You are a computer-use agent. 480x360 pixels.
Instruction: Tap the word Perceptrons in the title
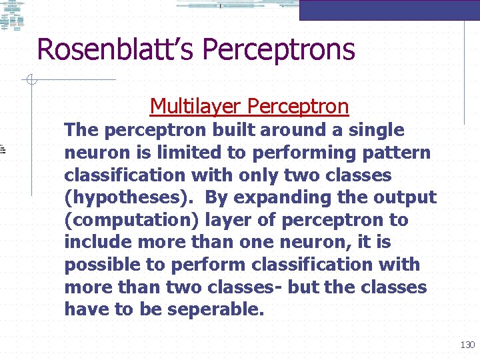coord(278,49)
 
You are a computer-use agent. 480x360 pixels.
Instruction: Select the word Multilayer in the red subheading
coord(196,106)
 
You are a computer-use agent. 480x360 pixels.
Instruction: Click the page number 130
coord(467,345)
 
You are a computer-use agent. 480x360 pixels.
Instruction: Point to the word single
coord(377,130)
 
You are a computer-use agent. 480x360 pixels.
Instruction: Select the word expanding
coord(279,198)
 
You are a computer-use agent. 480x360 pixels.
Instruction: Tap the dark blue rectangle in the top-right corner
coord(389,10)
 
